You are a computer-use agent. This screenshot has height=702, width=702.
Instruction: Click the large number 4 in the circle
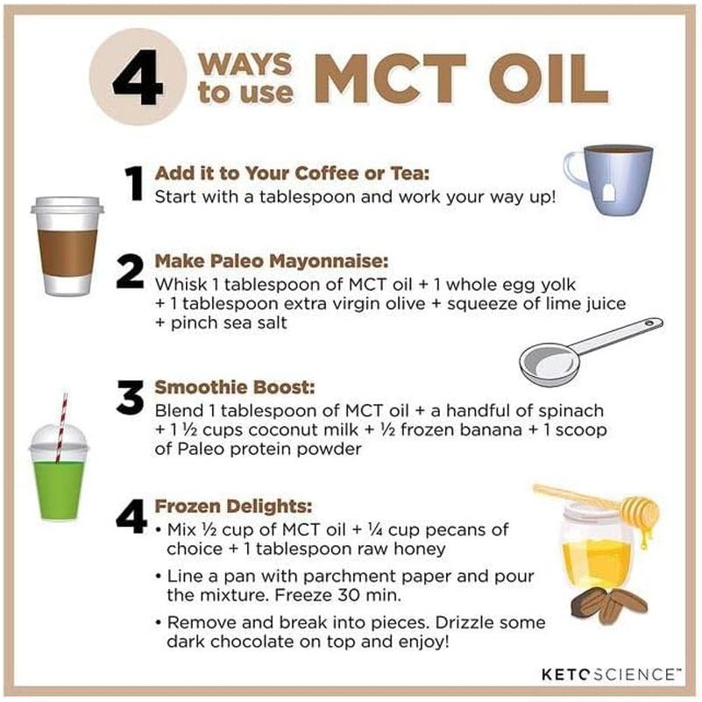[x=143, y=76]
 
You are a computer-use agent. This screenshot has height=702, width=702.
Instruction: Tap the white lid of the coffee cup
[x=67, y=206]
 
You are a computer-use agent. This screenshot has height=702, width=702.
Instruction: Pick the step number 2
[x=130, y=274]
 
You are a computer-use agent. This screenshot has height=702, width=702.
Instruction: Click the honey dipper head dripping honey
[x=641, y=508]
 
